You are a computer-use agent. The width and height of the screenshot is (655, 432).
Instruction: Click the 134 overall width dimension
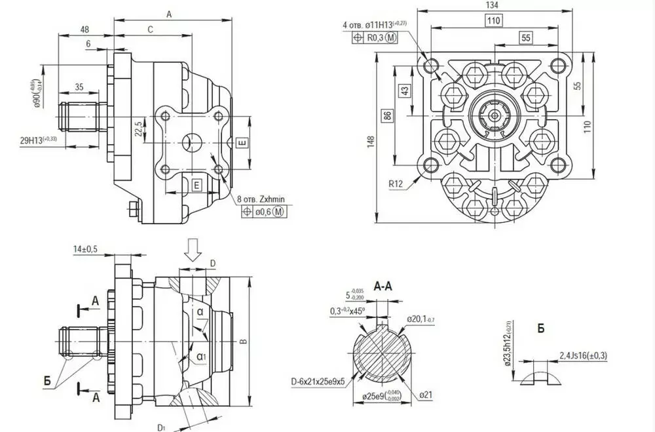pyautogui.click(x=493, y=5)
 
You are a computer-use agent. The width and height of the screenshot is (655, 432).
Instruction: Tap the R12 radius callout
pyautogui.click(x=395, y=184)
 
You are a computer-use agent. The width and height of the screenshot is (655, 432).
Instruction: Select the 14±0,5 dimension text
pyautogui.click(x=86, y=249)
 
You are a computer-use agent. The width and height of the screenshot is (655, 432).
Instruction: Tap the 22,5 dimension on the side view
pyautogui.click(x=138, y=128)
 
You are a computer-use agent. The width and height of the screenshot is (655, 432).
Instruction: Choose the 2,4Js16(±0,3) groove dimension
pyautogui.click(x=584, y=355)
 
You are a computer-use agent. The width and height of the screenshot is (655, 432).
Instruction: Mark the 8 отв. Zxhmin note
pyautogui.click(x=265, y=199)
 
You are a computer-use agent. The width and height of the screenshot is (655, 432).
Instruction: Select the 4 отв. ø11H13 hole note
pyautogui.click(x=374, y=24)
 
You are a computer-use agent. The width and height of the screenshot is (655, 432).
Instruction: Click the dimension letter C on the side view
pyautogui.click(x=150, y=29)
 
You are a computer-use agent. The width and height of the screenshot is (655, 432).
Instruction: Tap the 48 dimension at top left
pyautogui.click(x=85, y=29)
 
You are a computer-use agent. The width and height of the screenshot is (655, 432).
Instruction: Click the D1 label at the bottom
pyautogui.click(x=160, y=427)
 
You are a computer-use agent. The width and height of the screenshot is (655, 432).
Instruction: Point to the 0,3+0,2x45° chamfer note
pyautogui.click(x=346, y=310)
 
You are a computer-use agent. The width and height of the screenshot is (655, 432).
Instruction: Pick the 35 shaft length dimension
pyautogui.click(x=79, y=87)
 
